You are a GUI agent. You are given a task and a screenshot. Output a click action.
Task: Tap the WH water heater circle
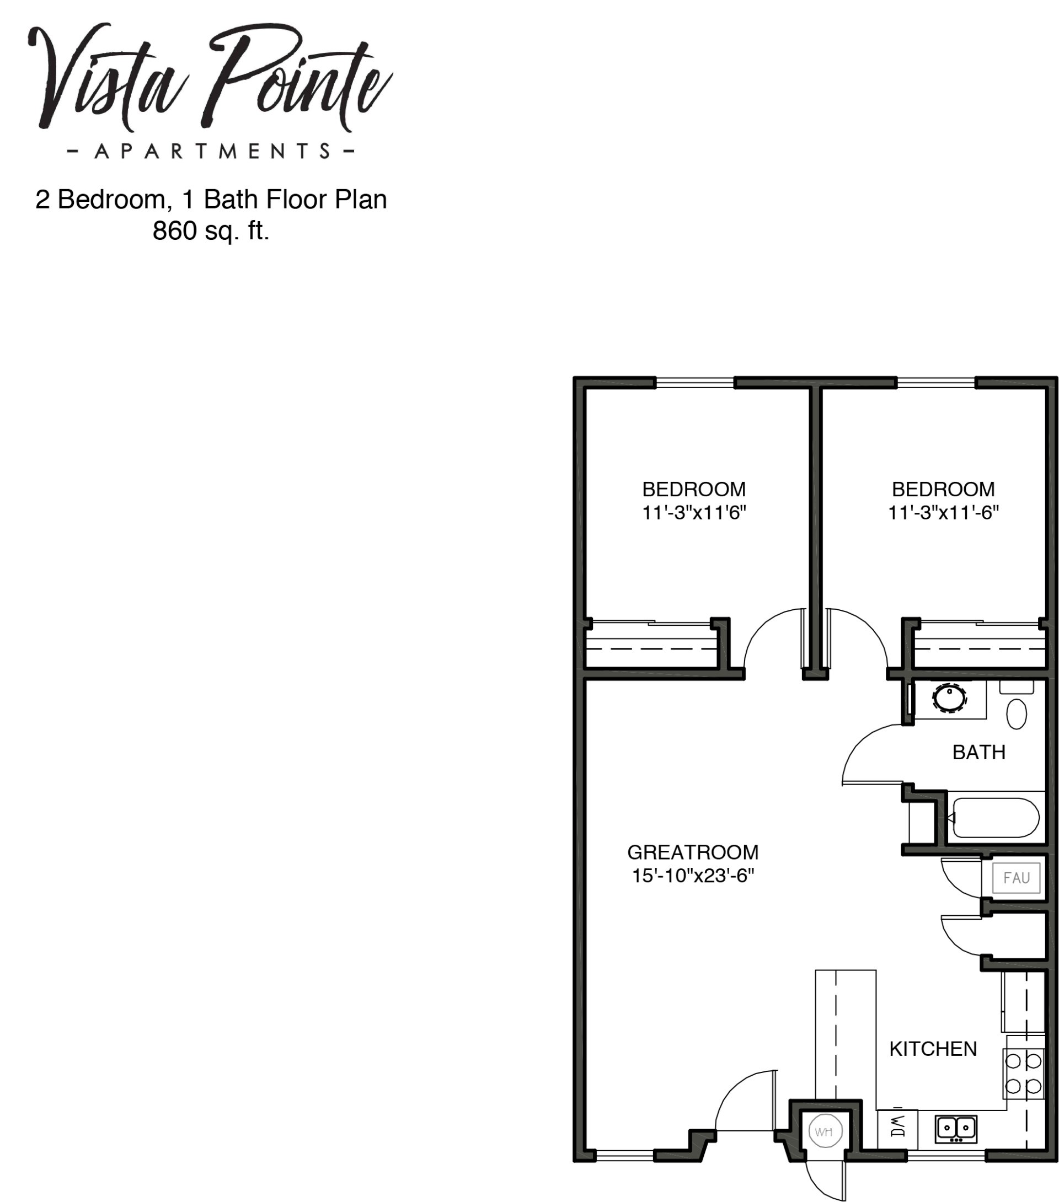coord(825,1131)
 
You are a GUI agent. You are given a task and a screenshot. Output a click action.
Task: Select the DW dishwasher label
coord(897,1125)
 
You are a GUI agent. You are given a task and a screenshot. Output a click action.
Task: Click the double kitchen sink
coord(955,1129)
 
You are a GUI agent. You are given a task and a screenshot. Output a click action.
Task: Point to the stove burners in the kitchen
coord(1024,1073)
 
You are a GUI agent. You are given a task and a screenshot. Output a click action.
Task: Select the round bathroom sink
coord(949,699)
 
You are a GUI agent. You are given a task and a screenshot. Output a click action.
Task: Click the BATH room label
coord(979,752)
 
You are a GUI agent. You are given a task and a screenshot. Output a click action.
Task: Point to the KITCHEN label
coord(933,1049)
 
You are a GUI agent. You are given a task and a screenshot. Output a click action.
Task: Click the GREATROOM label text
coord(692,852)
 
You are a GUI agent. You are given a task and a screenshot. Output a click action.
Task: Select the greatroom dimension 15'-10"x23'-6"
coord(692,876)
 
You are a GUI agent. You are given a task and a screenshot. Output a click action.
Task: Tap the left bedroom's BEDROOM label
coord(694,489)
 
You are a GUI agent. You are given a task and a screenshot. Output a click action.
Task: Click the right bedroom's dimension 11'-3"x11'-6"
coord(943,513)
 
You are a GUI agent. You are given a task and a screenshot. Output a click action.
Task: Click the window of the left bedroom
coord(695,383)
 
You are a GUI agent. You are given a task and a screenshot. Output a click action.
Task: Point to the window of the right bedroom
coord(935,383)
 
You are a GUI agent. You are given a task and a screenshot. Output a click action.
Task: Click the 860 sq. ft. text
coord(211,230)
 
